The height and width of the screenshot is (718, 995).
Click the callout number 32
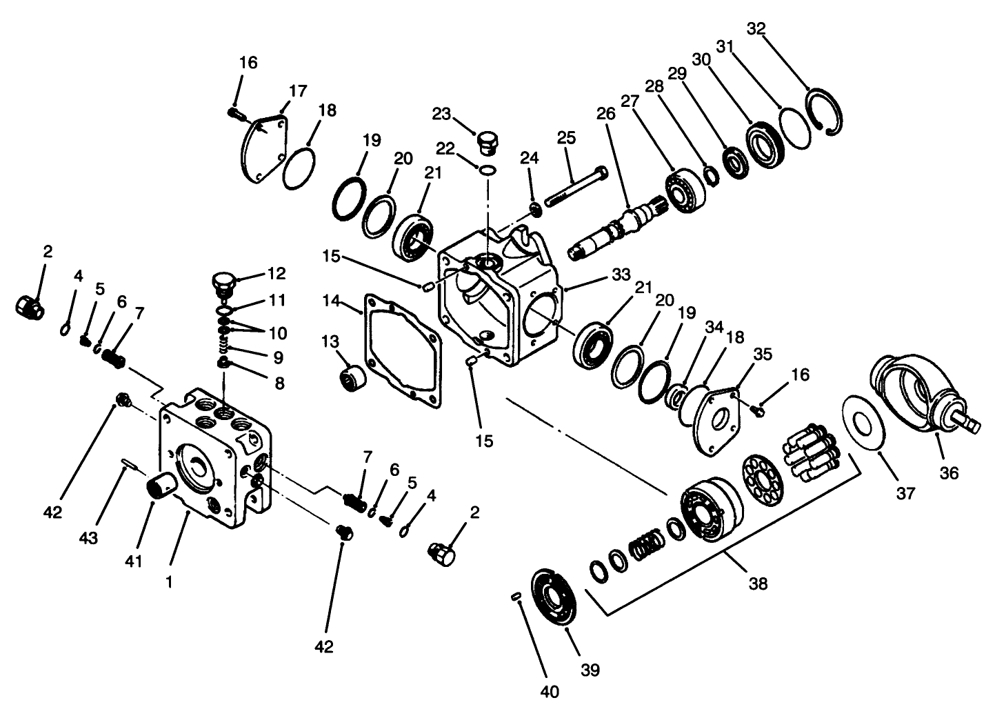[x=756, y=28]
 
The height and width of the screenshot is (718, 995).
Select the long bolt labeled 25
[x=576, y=187]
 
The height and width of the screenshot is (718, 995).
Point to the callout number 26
[x=605, y=114]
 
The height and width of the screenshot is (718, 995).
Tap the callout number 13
[x=330, y=341]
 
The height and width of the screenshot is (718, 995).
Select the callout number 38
[x=758, y=584]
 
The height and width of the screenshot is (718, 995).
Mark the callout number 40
[x=551, y=690]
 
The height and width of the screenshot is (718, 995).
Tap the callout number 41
[x=134, y=561]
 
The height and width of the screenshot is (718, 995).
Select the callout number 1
[x=169, y=581]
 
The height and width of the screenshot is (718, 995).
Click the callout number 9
[x=278, y=357]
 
